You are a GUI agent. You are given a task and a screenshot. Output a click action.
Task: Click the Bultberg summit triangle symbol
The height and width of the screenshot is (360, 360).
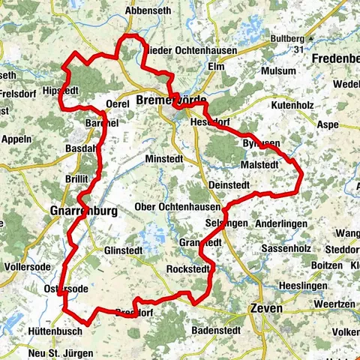tap(310, 37)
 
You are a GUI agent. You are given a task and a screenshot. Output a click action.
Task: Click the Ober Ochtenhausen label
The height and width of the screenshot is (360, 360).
tap(177, 206)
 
